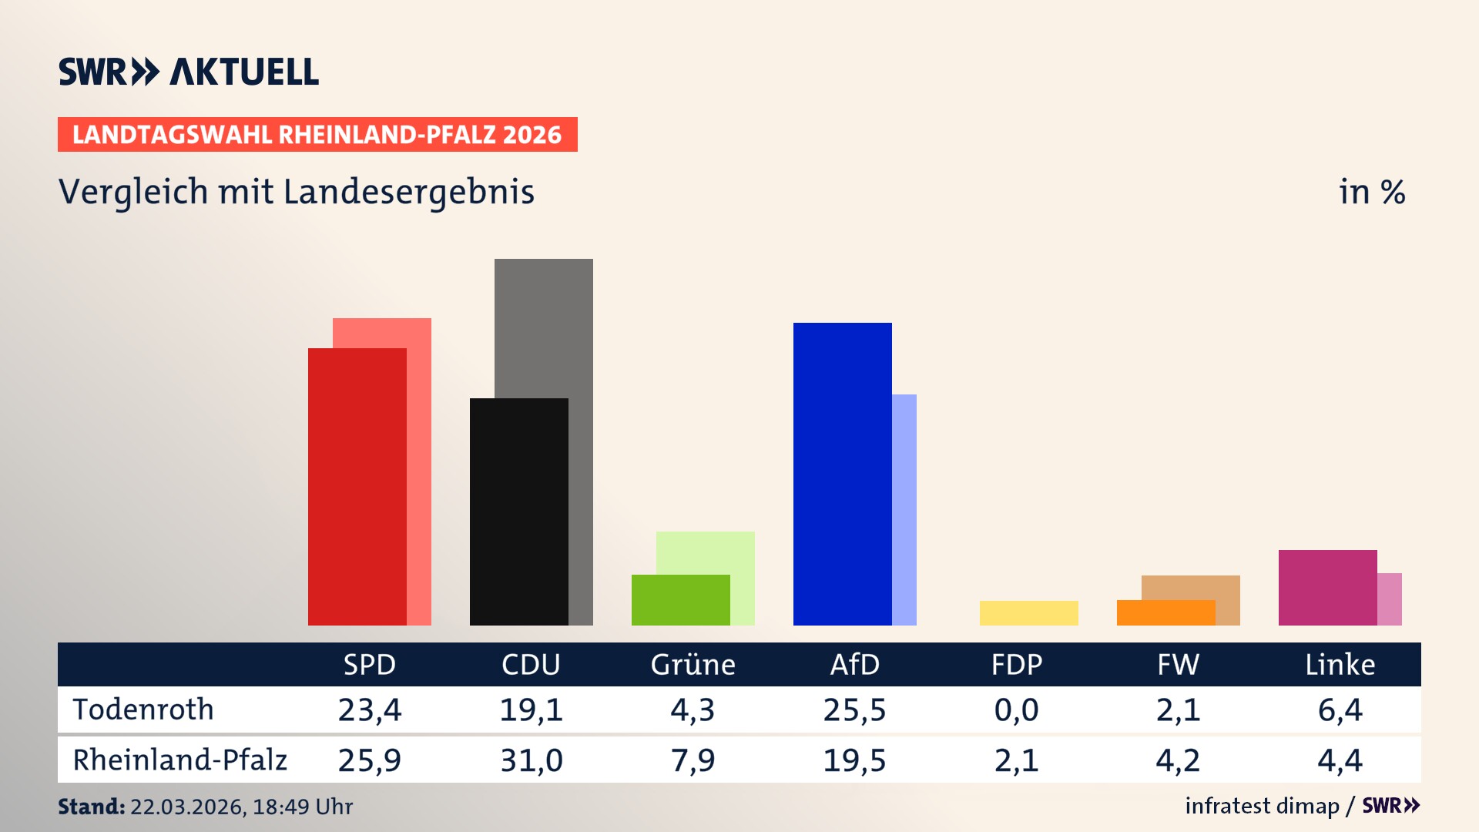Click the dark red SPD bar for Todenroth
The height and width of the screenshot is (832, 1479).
click(357, 487)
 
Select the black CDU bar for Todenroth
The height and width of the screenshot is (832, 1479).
click(518, 512)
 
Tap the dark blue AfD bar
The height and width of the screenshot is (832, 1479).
click(842, 474)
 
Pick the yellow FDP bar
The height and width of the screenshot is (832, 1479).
click(1028, 613)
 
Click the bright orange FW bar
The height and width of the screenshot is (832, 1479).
click(1165, 613)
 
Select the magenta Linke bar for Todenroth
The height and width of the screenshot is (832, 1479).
click(1327, 587)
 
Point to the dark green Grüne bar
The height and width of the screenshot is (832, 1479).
click(680, 600)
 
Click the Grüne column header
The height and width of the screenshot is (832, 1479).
click(693, 664)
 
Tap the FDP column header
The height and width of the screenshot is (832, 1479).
click(1016, 664)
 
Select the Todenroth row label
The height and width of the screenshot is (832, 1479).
click(143, 710)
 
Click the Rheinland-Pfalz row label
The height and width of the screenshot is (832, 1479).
click(179, 760)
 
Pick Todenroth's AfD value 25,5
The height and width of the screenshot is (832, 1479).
click(854, 710)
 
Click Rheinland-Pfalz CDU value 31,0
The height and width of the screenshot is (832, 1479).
click(532, 760)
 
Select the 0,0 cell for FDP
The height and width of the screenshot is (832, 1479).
click(1016, 710)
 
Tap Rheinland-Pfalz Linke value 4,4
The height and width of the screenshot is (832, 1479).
click(1340, 760)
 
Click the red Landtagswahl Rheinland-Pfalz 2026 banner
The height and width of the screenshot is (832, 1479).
click(317, 135)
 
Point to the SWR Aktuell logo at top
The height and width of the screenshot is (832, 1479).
click(189, 72)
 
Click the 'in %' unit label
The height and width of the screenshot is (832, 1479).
click(1371, 192)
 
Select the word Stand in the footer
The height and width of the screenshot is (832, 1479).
click(91, 807)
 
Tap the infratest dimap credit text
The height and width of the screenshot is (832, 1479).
click(1262, 806)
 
